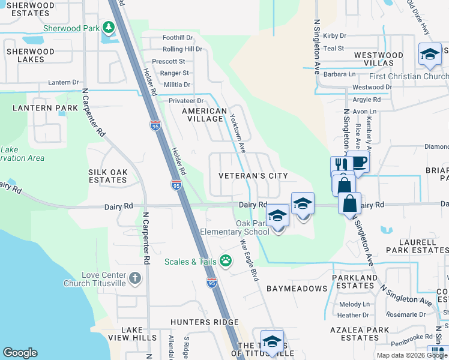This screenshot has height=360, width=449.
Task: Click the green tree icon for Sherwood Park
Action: [x=108, y=28]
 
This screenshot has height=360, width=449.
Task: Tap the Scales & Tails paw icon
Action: [x=226, y=261]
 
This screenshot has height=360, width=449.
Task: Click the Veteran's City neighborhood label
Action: [x=253, y=176]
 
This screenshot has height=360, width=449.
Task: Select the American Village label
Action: [x=204, y=115]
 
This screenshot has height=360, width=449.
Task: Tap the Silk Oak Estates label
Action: [x=108, y=176]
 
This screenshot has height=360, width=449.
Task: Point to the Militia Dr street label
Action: [x=174, y=85]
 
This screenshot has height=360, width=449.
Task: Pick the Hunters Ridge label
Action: [x=204, y=322]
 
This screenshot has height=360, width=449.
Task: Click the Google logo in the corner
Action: [x=20, y=353]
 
